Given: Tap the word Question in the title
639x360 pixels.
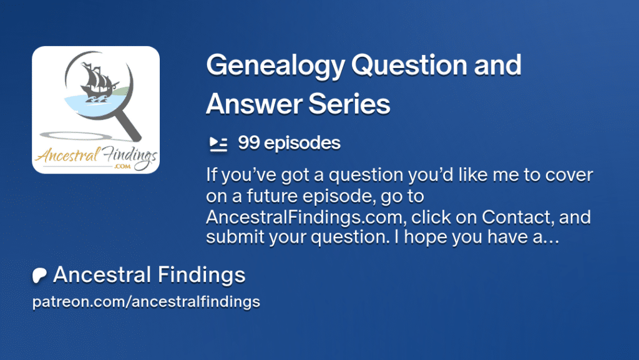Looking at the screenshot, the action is pyautogui.click(x=409, y=65).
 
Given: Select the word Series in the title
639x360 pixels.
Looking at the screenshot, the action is pyautogui.click(x=349, y=104).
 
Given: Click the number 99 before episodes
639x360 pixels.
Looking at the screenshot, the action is pyautogui.click(x=248, y=143).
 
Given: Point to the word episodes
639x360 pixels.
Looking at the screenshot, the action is pyautogui.click(x=302, y=144).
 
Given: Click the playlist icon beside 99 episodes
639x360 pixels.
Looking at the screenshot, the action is pyautogui.click(x=218, y=144).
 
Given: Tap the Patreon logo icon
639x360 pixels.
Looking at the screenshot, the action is pyautogui.click(x=39, y=275).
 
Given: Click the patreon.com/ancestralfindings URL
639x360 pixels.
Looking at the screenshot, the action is pyautogui.click(x=146, y=302).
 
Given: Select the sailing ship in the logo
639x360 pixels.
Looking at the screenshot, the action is pyautogui.click(x=97, y=82).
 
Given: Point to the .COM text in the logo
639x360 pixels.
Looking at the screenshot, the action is pyautogui.click(x=123, y=166).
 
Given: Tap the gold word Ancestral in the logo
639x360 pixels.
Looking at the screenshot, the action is pyautogui.click(x=67, y=155).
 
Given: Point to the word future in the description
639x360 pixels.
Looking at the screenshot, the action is pyautogui.click(x=272, y=196).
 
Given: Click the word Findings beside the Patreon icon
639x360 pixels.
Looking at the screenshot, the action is pyautogui.click(x=202, y=275).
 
